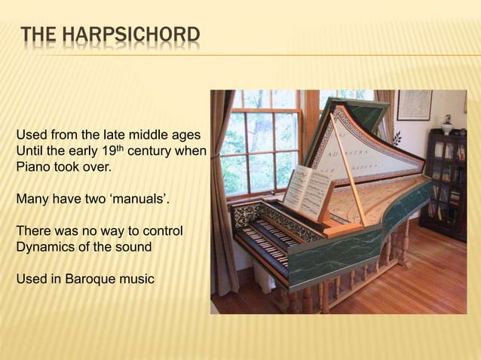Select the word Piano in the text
click(32, 167)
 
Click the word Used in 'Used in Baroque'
click(31, 279)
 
